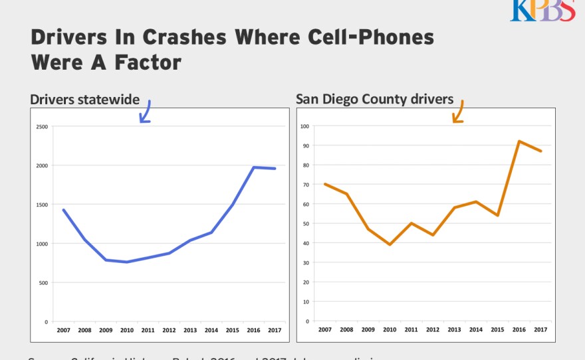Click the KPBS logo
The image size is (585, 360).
(542, 10)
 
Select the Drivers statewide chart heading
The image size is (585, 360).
(84, 100)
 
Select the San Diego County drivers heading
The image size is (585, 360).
(374, 100)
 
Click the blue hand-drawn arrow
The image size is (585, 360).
(145, 112)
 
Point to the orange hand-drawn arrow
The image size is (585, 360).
(458, 112)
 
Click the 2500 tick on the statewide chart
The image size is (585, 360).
(42, 126)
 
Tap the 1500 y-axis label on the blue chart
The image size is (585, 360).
(42, 205)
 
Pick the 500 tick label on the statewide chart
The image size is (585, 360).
(43, 283)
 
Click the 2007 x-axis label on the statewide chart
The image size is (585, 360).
(64, 329)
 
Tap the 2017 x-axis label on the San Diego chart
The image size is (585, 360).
(540, 329)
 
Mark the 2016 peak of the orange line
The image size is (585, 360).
(519, 141)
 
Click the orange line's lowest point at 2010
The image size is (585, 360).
(390, 244)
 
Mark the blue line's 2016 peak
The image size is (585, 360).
(253, 167)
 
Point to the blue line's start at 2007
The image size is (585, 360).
(64, 210)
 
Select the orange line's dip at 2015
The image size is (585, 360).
(497, 215)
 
